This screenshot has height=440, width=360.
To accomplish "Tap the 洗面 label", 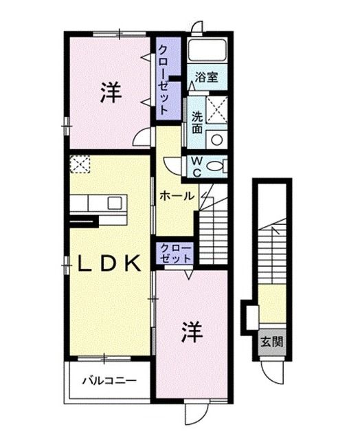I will click(x=197, y=122).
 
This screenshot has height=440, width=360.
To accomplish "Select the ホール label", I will click(x=177, y=196).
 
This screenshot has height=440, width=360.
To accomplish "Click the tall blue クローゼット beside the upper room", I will click(x=166, y=81).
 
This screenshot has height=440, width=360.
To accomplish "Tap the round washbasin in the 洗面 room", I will click(x=216, y=140).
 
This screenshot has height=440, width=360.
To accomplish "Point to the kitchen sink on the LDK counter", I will click(x=114, y=203).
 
